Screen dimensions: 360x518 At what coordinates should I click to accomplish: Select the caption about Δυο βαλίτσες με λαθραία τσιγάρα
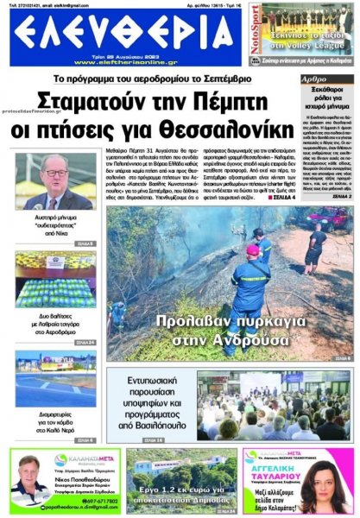55,325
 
